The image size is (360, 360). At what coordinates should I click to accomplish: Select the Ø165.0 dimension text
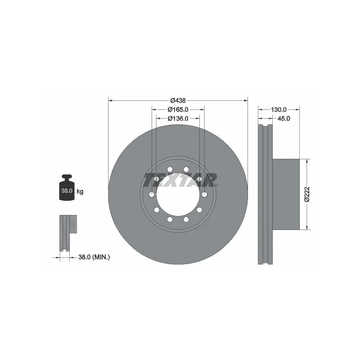[x=177, y=109]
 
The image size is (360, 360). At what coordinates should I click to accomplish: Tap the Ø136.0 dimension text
[x=177, y=118]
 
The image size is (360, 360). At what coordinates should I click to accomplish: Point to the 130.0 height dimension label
[x=279, y=109]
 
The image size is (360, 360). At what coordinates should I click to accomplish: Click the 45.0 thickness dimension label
[x=283, y=118]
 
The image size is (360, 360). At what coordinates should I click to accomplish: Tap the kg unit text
[x=80, y=192]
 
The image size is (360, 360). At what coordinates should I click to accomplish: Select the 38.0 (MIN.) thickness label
[x=94, y=257]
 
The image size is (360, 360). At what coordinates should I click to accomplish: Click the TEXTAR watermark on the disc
[x=180, y=180]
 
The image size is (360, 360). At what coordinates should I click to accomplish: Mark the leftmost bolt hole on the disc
[x=152, y=194]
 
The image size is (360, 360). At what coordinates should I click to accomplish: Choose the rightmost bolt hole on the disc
[x=205, y=194]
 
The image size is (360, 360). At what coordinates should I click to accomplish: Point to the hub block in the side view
[x=286, y=194]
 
